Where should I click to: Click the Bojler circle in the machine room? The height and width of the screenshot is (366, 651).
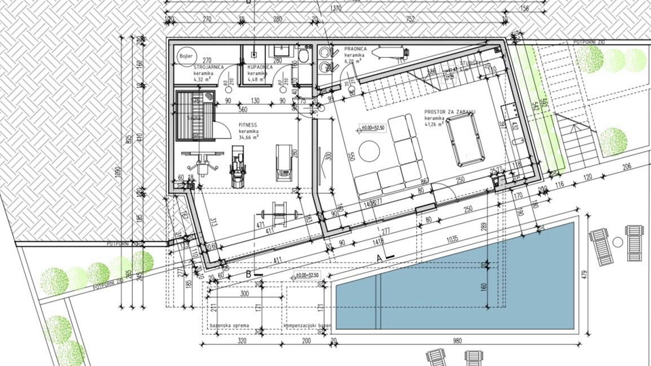[185, 56]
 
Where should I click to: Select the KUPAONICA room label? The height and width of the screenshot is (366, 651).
[260, 68]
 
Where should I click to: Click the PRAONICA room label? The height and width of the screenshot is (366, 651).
[355, 49]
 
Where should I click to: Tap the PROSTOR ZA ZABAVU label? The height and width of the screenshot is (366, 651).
[450, 112]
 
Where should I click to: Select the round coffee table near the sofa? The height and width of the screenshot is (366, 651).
[370, 150]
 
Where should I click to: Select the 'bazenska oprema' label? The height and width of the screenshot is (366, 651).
[229, 326]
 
